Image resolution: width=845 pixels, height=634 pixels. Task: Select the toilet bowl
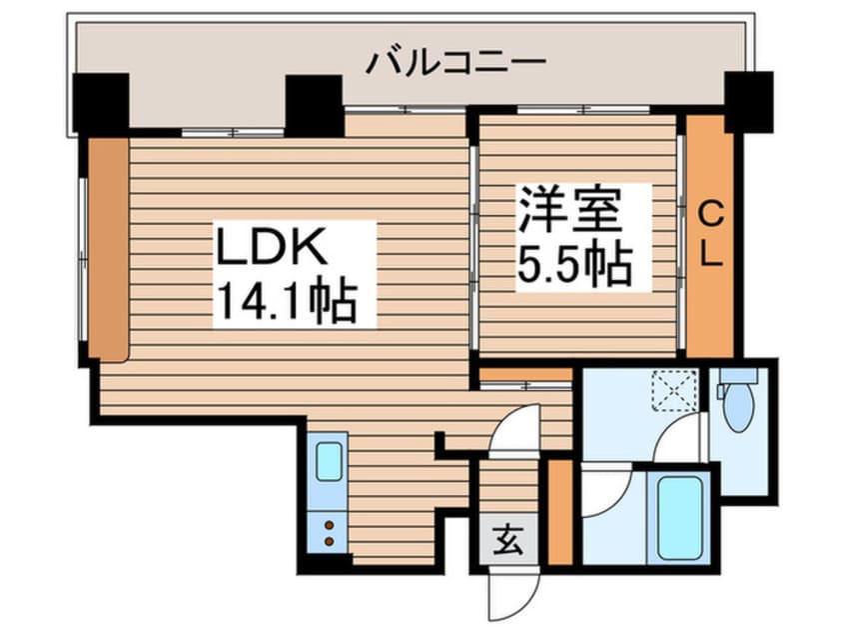click(737, 410)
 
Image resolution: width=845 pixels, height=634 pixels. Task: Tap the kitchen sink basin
click(330, 462)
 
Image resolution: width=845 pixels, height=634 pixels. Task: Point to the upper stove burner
click(329, 522)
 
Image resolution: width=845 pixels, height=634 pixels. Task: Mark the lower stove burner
click(329, 541)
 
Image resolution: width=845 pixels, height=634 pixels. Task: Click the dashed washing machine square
click(675, 388)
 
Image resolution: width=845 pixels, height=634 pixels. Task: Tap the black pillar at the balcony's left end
click(101, 104)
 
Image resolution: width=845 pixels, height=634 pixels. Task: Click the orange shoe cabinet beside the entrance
click(560, 509)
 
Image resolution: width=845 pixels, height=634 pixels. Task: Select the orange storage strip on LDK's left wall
click(108, 248)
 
